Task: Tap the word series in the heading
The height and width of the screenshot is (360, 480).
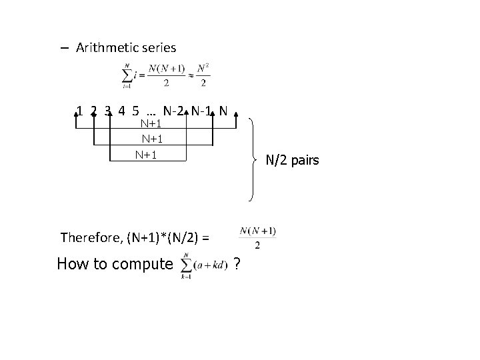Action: point(156,47)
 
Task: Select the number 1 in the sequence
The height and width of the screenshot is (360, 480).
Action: point(80,111)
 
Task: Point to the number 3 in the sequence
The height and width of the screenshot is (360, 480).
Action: point(108,111)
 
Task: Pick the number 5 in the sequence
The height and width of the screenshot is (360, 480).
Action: point(136,111)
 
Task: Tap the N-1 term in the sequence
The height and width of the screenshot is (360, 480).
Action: point(203,111)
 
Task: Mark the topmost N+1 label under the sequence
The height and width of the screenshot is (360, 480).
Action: point(153,123)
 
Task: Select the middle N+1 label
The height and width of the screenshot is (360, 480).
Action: point(153,139)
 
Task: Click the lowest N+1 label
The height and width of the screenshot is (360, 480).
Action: point(146,155)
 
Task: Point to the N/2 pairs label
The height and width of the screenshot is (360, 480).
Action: point(293,160)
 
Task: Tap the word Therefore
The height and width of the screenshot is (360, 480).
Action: point(86,237)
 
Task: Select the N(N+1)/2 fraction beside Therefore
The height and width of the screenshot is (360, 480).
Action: point(257,237)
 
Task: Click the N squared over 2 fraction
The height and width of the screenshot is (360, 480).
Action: point(205,75)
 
